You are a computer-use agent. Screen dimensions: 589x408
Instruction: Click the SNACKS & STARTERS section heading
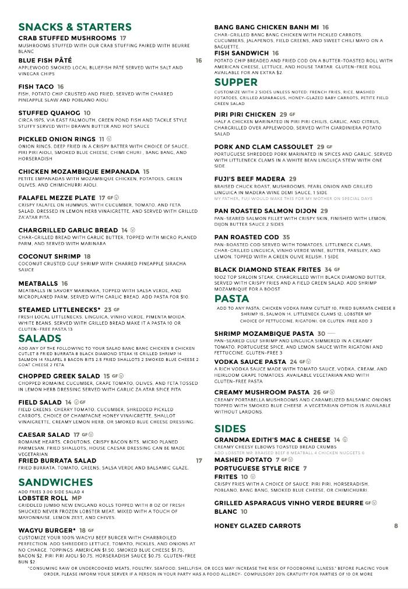click(x=75, y=27)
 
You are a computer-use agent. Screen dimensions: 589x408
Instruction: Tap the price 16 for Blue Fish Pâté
click(x=199, y=61)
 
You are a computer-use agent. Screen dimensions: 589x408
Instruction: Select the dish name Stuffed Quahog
click(x=49, y=113)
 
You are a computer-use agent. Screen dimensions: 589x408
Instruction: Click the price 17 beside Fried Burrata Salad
click(x=199, y=461)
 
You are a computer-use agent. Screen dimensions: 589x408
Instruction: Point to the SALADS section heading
click(x=40, y=339)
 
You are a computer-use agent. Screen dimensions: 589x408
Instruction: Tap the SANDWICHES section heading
click(x=55, y=482)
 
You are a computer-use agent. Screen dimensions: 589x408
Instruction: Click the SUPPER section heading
click(x=236, y=82)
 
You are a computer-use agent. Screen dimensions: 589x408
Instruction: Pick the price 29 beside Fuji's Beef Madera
click(x=293, y=179)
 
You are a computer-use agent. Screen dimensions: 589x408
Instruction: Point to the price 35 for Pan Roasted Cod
click(x=286, y=237)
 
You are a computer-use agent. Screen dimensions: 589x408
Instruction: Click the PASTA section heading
click(x=231, y=299)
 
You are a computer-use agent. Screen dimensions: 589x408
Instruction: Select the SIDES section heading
click(x=230, y=429)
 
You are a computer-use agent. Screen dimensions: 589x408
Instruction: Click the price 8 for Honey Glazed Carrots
click(x=396, y=526)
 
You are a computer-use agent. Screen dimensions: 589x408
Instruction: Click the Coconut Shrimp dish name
click(x=50, y=257)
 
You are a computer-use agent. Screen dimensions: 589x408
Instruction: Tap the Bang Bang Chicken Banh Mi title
click(x=266, y=27)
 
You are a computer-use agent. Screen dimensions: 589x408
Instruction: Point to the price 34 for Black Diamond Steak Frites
click(x=328, y=270)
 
